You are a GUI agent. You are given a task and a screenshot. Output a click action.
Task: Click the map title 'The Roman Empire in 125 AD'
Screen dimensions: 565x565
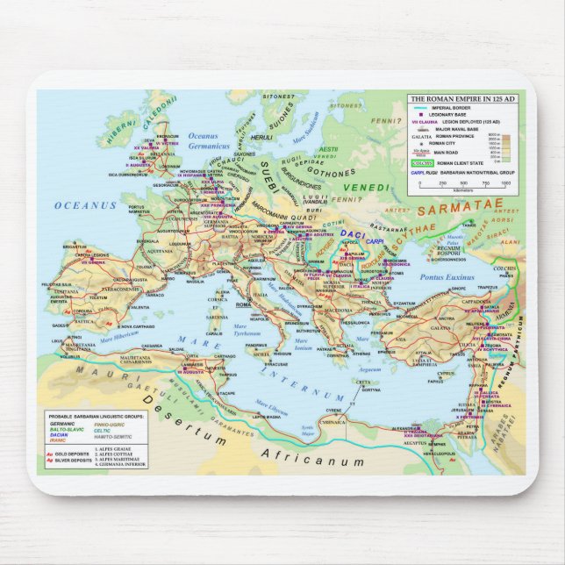(463, 100)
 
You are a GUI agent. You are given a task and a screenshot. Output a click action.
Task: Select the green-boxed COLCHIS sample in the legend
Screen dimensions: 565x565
(424, 162)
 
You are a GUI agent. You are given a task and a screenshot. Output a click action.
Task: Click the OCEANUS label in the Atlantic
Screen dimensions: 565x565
(85, 205)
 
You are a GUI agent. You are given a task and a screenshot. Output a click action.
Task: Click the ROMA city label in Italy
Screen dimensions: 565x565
(243, 304)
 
